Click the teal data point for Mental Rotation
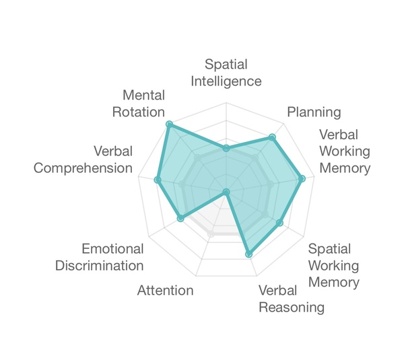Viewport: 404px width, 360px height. [x=169, y=125]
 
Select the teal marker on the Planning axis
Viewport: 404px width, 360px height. [x=272, y=137]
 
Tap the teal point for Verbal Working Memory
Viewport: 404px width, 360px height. [x=302, y=178]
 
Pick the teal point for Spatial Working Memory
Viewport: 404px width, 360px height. [x=280, y=223]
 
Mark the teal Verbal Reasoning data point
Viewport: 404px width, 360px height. [x=248, y=254]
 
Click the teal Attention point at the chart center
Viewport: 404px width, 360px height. [x=226, y=192]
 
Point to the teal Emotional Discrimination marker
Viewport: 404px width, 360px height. [x=180, y=219]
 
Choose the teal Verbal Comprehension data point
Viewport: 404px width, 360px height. [x=158, y=180]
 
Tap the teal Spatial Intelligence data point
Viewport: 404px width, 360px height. [x=226, y=148]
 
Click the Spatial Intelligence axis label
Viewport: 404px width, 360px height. [x=226, y=73]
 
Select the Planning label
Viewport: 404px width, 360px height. [x=314, y=112]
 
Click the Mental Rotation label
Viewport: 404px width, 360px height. [x=139, y=104]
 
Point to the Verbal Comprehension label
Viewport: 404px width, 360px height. [x=83, y=159]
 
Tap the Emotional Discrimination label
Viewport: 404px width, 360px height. [x=100, y=257]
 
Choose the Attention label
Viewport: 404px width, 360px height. [x=166, y=291]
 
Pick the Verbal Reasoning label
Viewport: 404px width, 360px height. [x=292, y=299]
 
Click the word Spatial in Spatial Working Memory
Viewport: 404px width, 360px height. [x=329, y=249]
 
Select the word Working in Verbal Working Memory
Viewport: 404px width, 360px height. [x=345, y=151]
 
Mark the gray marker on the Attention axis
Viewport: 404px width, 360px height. [x=211, y=233]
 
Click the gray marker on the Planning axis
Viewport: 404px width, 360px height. [x=255, y=157]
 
